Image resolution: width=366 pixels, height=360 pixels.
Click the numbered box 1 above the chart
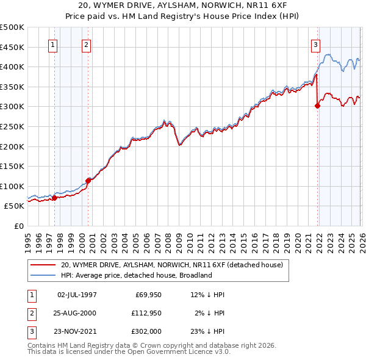(53, 45)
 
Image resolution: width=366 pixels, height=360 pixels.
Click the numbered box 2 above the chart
(87, 45)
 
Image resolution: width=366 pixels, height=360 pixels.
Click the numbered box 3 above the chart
(315, 45)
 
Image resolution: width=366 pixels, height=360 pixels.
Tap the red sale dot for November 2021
(317, 106)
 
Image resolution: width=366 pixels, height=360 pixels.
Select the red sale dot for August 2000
(88, 181)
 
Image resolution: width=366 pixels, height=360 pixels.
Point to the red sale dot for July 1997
(54, 198)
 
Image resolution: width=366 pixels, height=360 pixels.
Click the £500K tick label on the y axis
(12, 27)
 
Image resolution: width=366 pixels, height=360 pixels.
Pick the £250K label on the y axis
(12, 126)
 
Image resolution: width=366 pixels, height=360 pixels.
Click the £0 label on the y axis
(19, 226)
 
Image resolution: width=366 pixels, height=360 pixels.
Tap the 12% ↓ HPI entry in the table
(207, 295)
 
